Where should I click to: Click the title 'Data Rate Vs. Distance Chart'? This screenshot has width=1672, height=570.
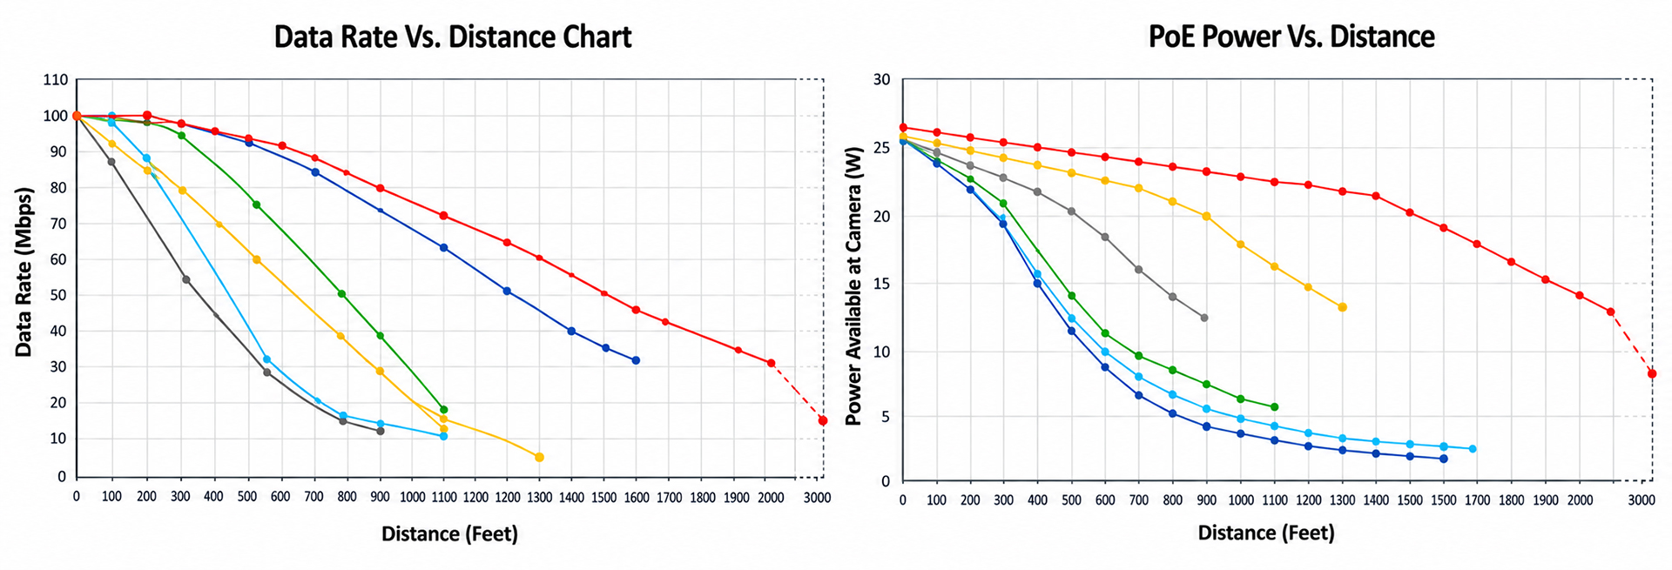453,37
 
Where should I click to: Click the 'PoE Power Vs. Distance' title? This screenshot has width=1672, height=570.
1291,37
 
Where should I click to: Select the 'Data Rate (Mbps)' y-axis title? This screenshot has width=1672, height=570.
24,272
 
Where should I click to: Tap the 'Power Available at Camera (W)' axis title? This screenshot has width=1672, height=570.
853,285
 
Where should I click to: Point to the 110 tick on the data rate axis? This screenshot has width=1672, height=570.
55,80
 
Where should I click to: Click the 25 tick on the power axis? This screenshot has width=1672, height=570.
881,148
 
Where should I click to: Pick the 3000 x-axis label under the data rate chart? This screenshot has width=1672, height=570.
817,498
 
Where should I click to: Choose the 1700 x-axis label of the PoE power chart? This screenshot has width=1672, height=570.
1479,500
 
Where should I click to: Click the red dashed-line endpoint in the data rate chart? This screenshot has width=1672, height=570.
823,420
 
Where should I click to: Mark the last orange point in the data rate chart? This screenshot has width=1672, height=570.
539,457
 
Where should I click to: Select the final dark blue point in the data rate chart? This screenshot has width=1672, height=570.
636,360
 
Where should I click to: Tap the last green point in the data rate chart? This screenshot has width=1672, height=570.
443,409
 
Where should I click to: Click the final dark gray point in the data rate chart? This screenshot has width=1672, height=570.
381,431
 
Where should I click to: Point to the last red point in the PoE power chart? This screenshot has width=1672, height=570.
1652,373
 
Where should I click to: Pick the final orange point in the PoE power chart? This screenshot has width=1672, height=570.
1342,307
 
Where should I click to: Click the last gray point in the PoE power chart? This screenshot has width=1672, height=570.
1204,318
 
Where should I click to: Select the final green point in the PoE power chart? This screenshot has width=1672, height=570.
1274,406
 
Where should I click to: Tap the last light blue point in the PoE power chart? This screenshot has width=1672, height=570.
1473,449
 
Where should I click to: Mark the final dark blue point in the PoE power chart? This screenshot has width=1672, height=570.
1444,459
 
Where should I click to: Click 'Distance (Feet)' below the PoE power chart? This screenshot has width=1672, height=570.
1266,533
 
